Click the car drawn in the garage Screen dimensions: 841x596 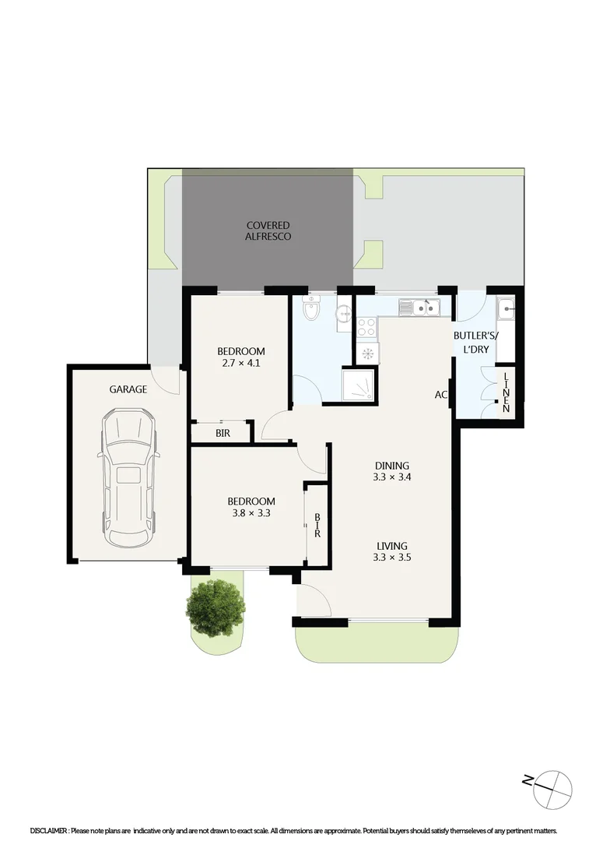click(x=128, y=480)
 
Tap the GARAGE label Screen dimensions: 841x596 click(x=128, y=389)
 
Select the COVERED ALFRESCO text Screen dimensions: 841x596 click(x=268, y=230)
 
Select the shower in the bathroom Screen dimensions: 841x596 click(x=359, y=385)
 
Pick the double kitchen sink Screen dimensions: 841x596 click(x=419, y=308)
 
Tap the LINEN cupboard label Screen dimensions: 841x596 click(x=506, y=392)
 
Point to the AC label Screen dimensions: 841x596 click(x=441, y=395)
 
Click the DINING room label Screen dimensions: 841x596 click(x=391, y=466)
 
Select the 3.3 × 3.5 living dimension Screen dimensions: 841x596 click(x=391, y=558)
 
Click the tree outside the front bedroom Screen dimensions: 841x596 click(x=216, y=607)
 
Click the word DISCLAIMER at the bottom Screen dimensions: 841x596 click(x=48, y=831)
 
